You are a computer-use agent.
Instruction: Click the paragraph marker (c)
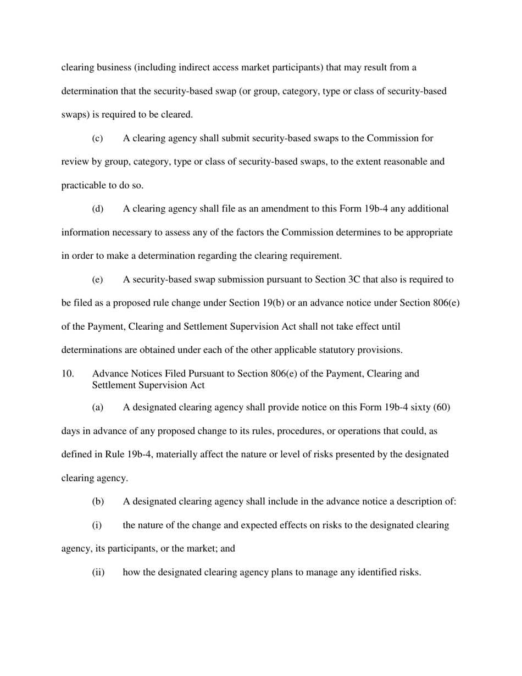97,138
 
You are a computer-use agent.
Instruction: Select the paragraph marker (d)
97,209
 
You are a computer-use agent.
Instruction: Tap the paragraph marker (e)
97,280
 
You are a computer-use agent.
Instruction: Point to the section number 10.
68,374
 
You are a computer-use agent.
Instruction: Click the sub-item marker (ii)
98,573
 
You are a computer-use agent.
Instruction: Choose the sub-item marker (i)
97,525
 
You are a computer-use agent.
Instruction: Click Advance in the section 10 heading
110,374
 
